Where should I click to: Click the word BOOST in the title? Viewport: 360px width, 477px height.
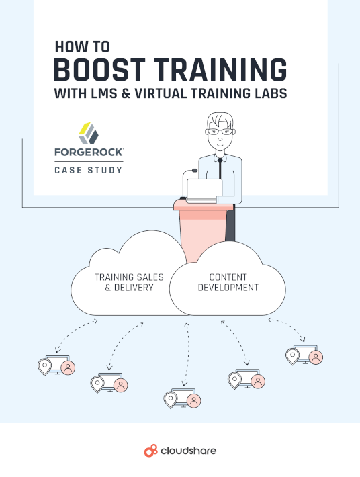pyautogui.click(x=99, y=70)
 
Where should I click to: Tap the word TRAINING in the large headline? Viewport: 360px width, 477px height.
pyautogui.click(x=220, y=70)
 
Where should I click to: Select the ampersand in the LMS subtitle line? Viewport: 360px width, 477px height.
pyautogui.click(x=126, y=93)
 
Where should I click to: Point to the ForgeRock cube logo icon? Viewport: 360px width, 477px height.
pyautogui.click(x=89, y=133)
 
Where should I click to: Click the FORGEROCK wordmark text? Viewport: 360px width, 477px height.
pyautogui.click(x=89, y=152)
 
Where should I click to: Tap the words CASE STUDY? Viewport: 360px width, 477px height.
pyautogui.click(x=89, y=170)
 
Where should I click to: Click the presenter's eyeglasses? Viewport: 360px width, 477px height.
pyautogui.click(x=220, y=132)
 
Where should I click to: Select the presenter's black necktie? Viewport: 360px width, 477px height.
pyautogui.click(x=220, y=168)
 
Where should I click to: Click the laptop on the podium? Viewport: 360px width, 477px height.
pyautogui.click(x=204, y=191)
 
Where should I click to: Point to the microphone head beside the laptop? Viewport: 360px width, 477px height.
pyautogui.click(x=194, y=171)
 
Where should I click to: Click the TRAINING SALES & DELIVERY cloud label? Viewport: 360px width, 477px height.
pyautogui.click(x=129, y=282)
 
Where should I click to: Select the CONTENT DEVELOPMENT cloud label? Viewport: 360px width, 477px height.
pyautogui.click(x=228, y=282)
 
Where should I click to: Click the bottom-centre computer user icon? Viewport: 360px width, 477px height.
pyautogui.click(x=182, y=398)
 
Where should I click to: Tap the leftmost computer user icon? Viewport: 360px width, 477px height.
pyautogui.click(x=56, y=365)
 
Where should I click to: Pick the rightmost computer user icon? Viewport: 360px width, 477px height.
pyautogui.click(x=304, y=355)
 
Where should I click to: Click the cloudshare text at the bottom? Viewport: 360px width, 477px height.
pyautogui.click(x=188, y=451)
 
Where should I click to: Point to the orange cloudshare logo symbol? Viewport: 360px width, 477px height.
pyautogui.click(x=151, y=451)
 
